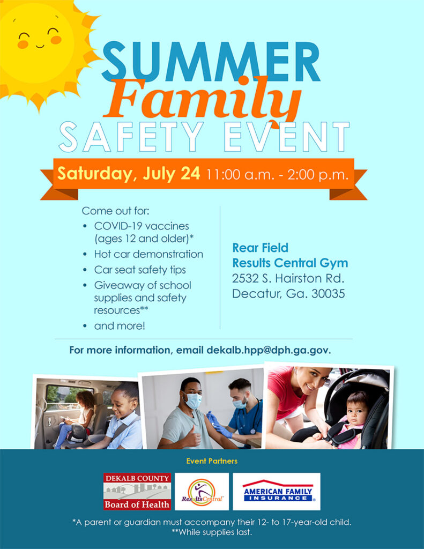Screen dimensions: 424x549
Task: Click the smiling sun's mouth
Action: [40, 46]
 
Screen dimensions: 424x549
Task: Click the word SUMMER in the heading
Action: [211, 62]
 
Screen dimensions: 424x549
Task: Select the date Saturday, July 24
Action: [129, 173]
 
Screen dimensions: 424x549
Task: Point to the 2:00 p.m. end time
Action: [318, 174]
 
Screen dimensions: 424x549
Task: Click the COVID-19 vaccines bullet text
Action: [142, 226]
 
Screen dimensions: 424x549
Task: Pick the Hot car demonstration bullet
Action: [148, 254]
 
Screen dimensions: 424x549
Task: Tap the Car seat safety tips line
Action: [140, 270]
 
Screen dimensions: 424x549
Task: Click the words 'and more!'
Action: [120, 326]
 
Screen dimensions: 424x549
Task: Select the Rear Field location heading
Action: [260, 248]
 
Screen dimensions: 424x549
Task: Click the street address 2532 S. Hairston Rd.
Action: [288, 278]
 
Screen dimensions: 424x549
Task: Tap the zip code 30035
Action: [328, 293]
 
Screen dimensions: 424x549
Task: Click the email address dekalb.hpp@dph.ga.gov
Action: [269, 351]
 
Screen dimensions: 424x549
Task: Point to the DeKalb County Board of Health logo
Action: [137, 491]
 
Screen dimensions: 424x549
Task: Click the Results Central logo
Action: [202, 492]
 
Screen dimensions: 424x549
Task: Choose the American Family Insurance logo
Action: [277, 492]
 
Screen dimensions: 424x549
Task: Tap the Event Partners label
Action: [212, 461]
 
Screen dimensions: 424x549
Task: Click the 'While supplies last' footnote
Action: [212, 532]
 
